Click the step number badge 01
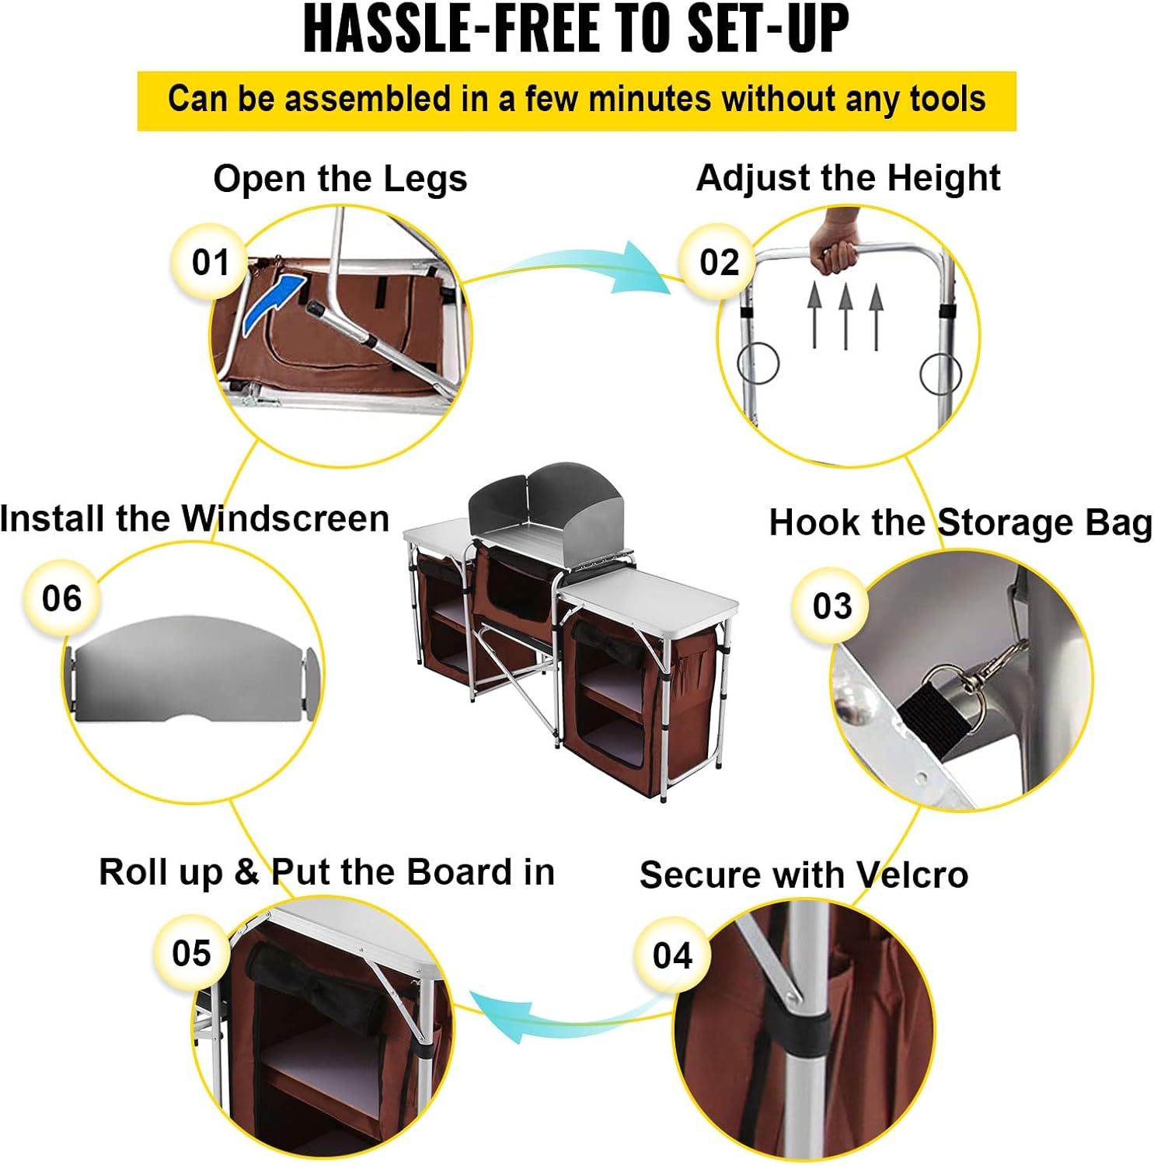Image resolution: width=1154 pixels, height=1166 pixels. coord(210,262)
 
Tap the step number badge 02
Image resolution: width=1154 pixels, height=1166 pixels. coord(719,262)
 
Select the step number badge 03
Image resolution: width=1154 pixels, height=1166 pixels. coord(832,606)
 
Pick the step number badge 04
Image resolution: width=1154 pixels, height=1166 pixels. coord(671,955)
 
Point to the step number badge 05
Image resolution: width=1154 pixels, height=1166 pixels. coord(191,953)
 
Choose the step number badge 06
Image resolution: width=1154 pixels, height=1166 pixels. coord(61,599)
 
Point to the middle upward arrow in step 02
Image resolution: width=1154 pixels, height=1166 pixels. coord(845,315)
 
